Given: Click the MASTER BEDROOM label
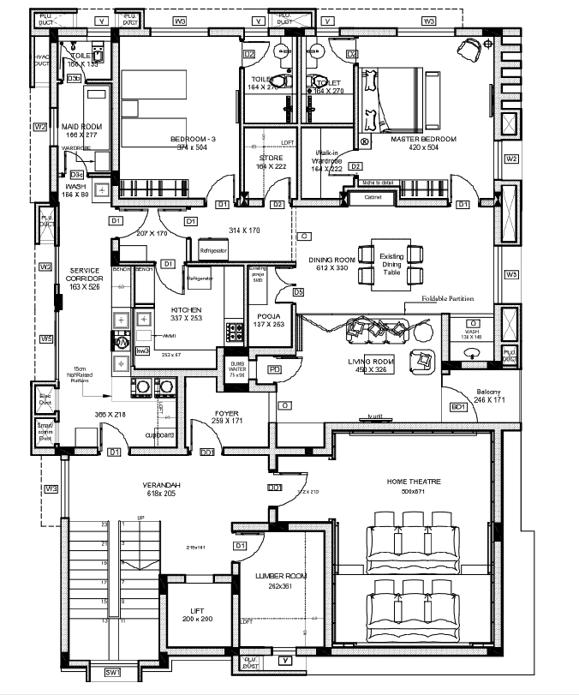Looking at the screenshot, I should coord(423,139).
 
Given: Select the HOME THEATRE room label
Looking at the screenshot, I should coord(414,482).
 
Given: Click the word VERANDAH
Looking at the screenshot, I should coord(160,485).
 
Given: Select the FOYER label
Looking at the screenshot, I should coord(227,413).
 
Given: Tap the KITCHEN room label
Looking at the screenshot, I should coord(186,309).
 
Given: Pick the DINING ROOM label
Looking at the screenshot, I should coord(331,260).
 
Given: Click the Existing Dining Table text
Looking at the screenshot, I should coord(391,264).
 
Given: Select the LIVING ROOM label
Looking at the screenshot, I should coord(370,362).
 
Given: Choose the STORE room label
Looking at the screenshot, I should coord(272,159).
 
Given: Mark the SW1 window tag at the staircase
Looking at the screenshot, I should coord(113,673).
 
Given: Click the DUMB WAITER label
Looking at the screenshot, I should coord(236,367).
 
